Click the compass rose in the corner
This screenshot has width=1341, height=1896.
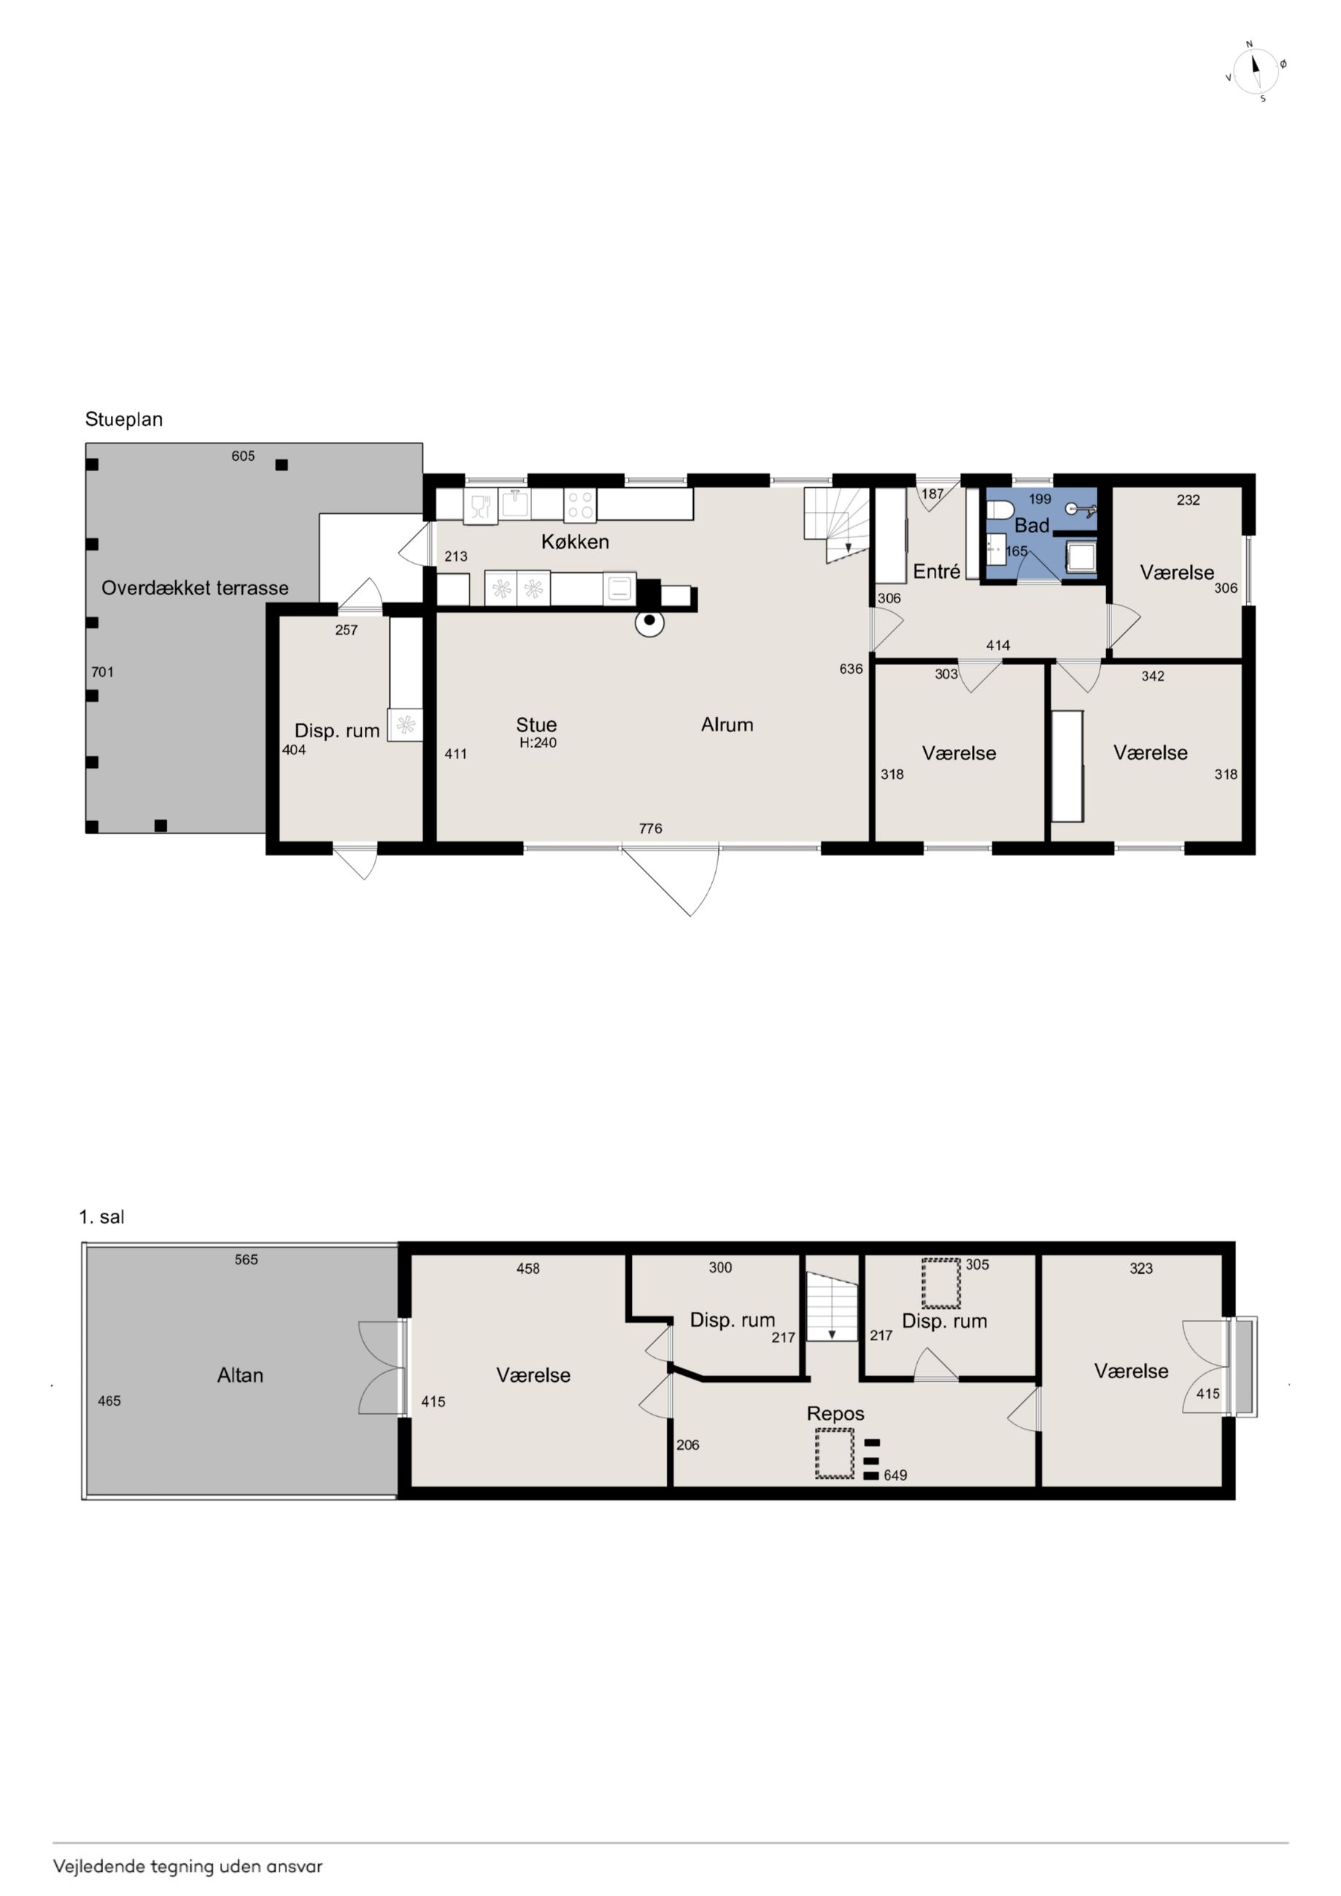(x=1255, y=71)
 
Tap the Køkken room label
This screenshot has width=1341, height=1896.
(x=575, y=542)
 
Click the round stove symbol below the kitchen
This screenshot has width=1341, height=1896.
(x=649, y=622)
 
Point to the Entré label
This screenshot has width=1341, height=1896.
(x=936, y=572)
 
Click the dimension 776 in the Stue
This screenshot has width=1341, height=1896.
(x=650, y=828)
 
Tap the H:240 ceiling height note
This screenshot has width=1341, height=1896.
(x=538, y=742)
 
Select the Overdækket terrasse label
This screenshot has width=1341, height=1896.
(x=195, y=588)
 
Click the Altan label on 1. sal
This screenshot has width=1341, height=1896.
(x=241, y=1375)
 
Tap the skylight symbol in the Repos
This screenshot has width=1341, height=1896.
(x=835, y=1453)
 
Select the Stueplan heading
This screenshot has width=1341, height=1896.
(x=124, y=419)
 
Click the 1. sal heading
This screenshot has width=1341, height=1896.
(x=101, y=1216)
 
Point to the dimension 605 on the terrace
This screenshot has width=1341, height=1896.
(x=243, y=456)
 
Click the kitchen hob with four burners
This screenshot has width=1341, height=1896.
(x=580, y=505)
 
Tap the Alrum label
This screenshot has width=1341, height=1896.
(x=727, y=724)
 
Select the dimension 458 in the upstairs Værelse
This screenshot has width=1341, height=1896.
(x=528, y=1268)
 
